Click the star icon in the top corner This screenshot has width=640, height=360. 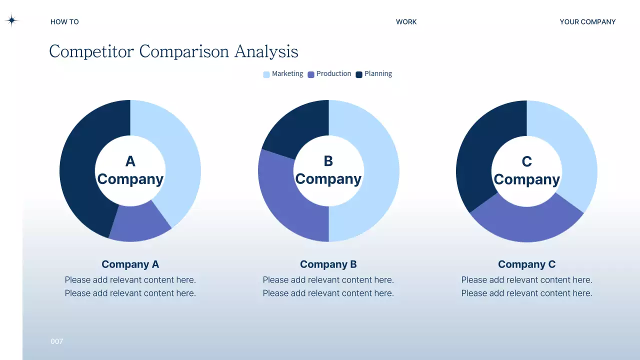click(x=11, y=20)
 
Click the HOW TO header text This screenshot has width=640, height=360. click(x=64, y=22)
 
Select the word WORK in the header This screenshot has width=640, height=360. click(x=406, y=22)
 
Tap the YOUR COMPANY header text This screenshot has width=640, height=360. click(x=587, y=22)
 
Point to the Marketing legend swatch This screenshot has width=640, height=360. click(x=266, y=74)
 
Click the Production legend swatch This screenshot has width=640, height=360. click(x=311, y=74)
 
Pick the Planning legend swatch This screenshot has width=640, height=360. click(x=359, y=74)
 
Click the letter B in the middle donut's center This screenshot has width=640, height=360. click(x=328, y=161)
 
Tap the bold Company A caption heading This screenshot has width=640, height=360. click(x=130, y=264)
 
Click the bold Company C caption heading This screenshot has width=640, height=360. click(x=526, y=264)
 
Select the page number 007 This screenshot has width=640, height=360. click(x=57, y=341)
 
